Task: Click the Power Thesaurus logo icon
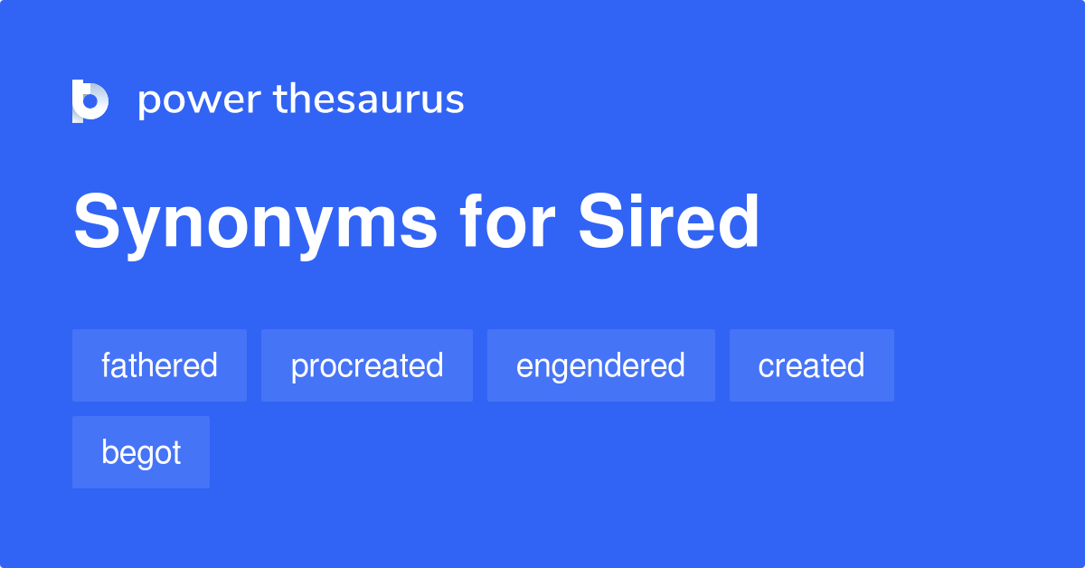pyautogui.click(x=90, y=100)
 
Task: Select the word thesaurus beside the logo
pyautogui.click(x=369, y=100)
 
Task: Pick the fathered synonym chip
pyautogui.click(x=159, y=365)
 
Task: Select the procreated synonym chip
pyautogui.click(x=367, y=365)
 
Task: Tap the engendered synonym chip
pyautogui.click(x=600, y=365)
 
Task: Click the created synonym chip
pyautogui.click(x=811, y=365)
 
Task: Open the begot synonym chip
pyautogui.click(x=141, y=452)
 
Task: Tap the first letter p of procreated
pyautogui.click(x=298, y=368)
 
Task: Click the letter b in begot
pyautogui.click(x=109, y=452)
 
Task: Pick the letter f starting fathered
pyautogui.click(x=106, y=364)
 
